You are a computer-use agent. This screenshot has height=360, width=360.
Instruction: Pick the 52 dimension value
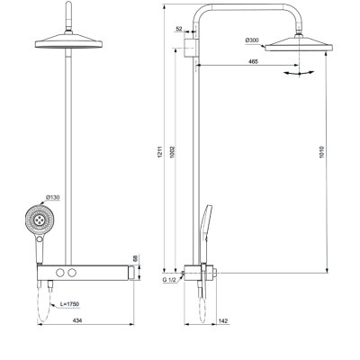pos(180,30)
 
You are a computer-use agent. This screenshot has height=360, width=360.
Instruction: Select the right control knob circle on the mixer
pos(74,272)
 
